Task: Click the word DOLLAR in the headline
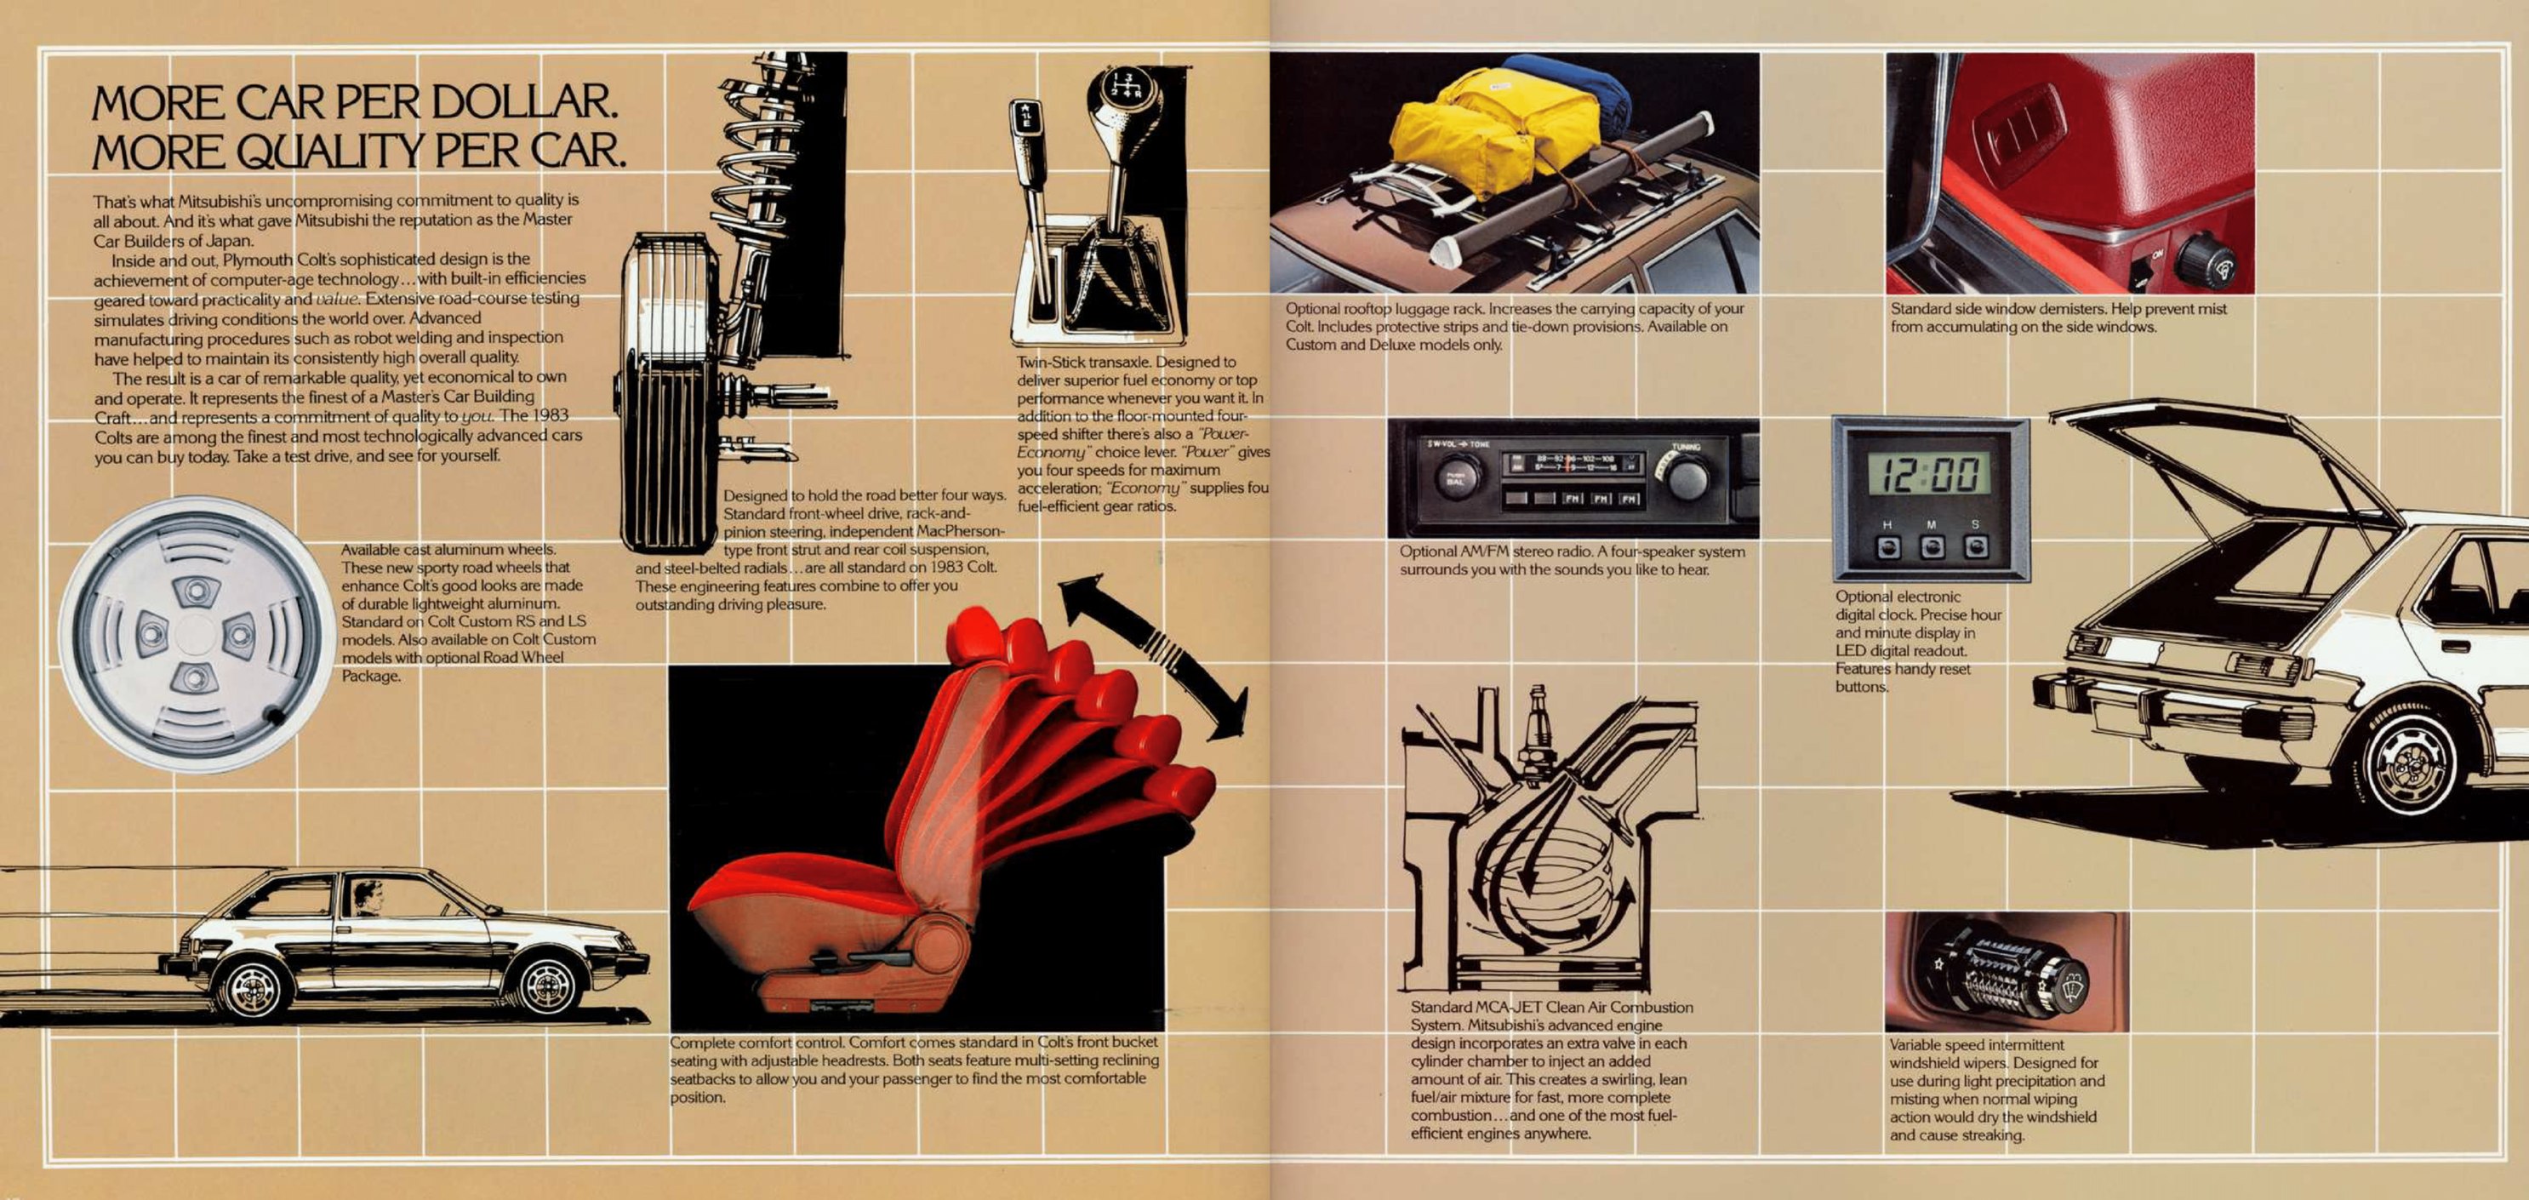click(x=524, y=102)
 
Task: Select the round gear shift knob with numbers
click(x=1123, y=98)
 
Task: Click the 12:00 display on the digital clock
click(x=1928, y=474)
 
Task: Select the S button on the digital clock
click(x=1975, y=547)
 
